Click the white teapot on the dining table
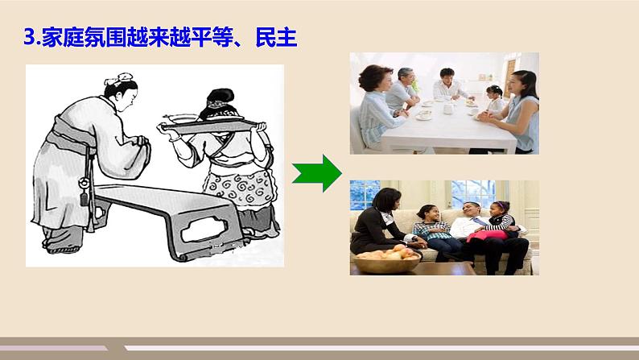(425, 114)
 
